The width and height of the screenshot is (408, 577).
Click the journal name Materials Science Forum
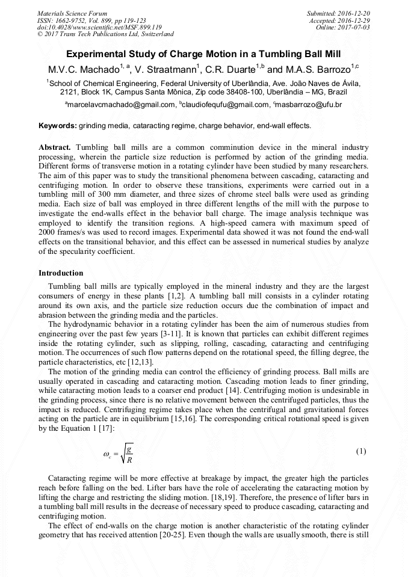click(72, 13)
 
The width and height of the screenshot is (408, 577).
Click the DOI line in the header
click(99, 27)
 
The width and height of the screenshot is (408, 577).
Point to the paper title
click(203, 53)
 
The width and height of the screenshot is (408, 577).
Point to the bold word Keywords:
click(58, 126)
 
